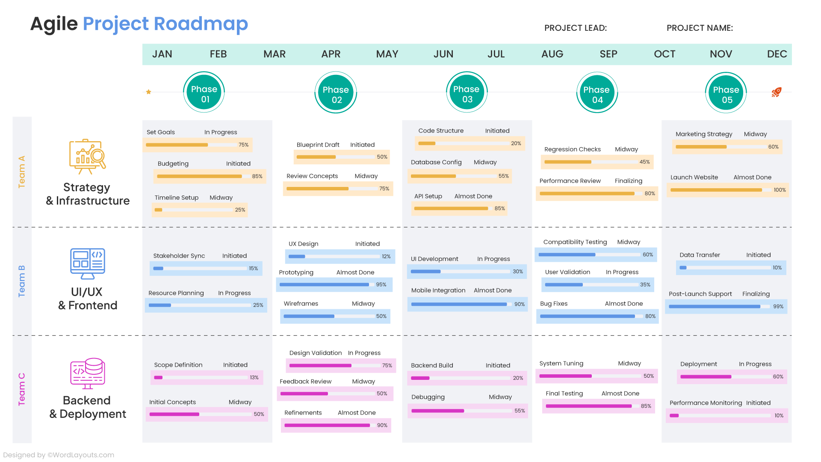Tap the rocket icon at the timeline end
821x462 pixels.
point(776,92)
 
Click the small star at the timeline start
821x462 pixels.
point(148,92)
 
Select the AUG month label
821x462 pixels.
point(552,54)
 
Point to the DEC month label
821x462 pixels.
point(777,54)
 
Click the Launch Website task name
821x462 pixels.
point(694,177)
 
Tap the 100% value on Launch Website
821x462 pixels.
point(779,190)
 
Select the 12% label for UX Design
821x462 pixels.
point(386,257)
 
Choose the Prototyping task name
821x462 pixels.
point(296,272)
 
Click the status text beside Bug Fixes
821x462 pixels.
point(623,304)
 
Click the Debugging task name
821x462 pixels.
point(428,397)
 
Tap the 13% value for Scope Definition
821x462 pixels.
point(254,378)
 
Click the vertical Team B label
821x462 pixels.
point(22,281)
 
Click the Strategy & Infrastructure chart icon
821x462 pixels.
point(88,157)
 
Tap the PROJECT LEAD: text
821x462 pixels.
point(575,28)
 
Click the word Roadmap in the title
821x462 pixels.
point(201,24)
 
